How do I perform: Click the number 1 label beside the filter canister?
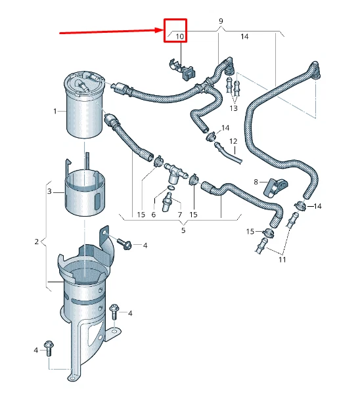point(55,111)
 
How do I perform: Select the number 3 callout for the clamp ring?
point(49,191)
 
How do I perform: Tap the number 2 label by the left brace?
point(36,242)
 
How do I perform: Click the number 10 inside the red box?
point(179,36)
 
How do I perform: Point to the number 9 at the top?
point(220,22)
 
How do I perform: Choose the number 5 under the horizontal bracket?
point(183,230)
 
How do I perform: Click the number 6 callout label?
point(154,215)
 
